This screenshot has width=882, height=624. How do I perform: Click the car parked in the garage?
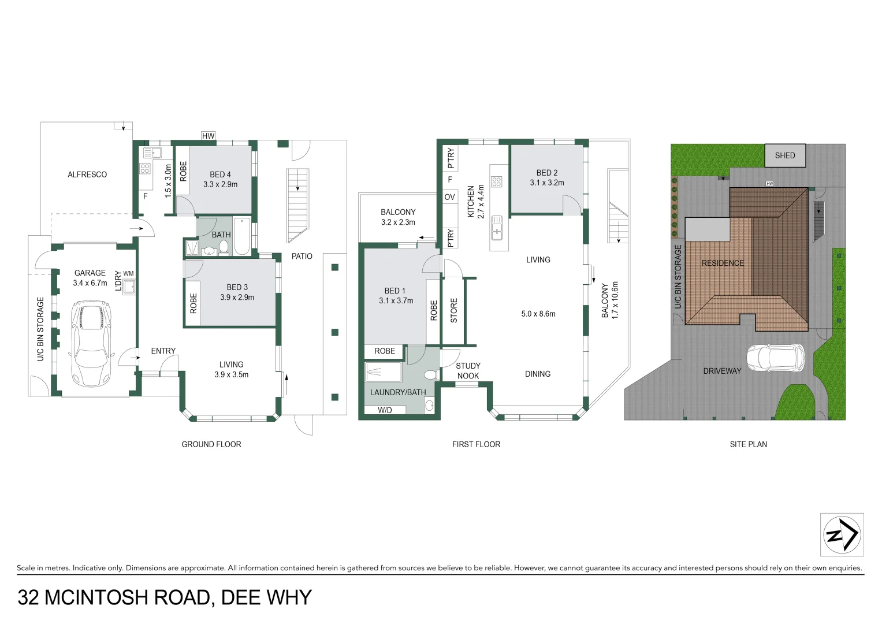[91, 343]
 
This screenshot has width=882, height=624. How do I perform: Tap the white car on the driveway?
[775, 358]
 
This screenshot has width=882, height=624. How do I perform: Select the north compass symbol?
[842, 534]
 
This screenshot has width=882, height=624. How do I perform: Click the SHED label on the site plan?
[785, 155]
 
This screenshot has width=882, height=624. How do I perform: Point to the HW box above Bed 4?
[208, 136]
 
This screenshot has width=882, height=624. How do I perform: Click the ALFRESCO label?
[87, 174]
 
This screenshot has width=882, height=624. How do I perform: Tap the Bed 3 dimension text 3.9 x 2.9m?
[237, 297]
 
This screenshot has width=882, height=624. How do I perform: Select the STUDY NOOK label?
[468, 371]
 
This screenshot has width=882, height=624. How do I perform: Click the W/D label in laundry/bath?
[385, 410]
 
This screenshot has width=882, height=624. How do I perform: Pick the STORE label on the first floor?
[454, 311]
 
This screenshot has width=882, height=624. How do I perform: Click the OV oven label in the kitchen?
[449, 197]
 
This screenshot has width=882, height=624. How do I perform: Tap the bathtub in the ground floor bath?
[242, 236]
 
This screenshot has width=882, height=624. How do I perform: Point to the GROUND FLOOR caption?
[211, 444]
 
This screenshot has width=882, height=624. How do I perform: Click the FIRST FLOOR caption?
[476, 444]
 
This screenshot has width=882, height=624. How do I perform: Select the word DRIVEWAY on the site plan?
[722, 371]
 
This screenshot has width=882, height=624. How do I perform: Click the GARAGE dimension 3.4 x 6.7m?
[90, 283]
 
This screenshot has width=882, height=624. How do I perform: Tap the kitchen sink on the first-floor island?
[497, 227]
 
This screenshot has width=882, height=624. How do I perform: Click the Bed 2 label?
[547, 173]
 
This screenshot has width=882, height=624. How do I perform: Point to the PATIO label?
[302, 256]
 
